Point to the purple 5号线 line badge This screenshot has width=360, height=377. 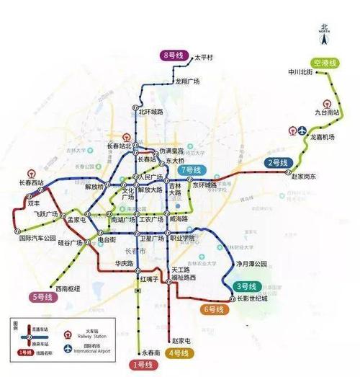point(43,296)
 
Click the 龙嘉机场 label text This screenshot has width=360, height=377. point(323,136)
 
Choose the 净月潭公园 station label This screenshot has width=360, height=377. point(252,264)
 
